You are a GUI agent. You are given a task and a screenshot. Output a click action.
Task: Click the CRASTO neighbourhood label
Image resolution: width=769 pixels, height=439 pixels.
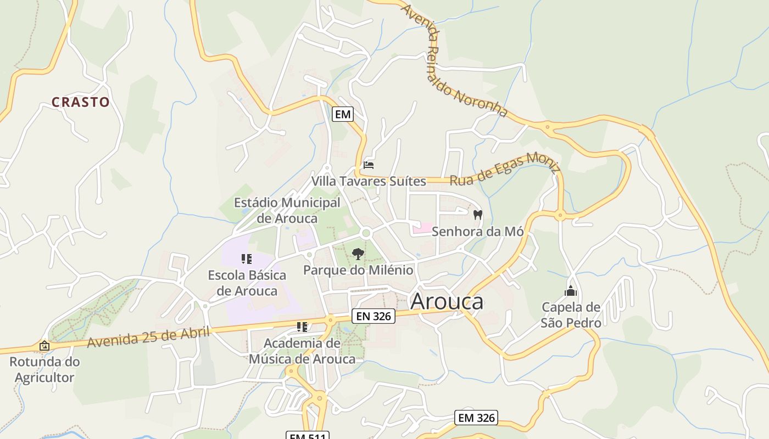click(x=81, y=102)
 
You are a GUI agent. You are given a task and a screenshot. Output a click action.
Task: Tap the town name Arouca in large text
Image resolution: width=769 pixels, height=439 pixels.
click(x=447, y=301)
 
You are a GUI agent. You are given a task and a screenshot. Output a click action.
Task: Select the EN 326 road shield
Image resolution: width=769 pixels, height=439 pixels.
click(x=374, y=316)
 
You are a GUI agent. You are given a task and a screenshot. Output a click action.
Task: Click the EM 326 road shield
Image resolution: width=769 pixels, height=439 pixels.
click(x=476, y=418)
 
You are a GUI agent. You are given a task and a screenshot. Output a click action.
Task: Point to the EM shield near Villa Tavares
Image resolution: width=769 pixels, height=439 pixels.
click(x=342, y=114)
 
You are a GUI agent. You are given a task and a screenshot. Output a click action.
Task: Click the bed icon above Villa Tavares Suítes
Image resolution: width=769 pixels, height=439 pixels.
click(x=369, y=165)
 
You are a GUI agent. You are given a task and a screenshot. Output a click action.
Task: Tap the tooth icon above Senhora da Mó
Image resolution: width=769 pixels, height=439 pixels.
click(x=477, y=215)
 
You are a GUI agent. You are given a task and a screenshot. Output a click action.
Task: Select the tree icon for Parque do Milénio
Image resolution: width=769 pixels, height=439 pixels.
click(x=358, y=254)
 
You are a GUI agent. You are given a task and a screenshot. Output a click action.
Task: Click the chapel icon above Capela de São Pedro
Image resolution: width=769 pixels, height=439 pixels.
click(x=571, y=291)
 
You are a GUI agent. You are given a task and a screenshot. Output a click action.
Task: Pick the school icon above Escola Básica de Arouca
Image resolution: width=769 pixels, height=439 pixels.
click(x=247, y=258)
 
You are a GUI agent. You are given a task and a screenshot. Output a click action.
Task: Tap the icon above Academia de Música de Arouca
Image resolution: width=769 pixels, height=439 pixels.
click(x=302, y=327)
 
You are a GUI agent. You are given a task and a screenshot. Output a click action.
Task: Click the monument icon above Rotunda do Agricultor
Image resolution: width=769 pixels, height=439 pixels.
click(x=44, y=346)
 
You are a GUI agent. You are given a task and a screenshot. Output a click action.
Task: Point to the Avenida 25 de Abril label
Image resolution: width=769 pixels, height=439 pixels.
click(x=149, y=336)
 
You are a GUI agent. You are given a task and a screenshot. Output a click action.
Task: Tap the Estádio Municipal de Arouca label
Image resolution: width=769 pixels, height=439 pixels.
click(x=287, y=211)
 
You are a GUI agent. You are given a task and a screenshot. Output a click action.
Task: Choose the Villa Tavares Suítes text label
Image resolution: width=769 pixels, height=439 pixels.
click(x=369, y=181)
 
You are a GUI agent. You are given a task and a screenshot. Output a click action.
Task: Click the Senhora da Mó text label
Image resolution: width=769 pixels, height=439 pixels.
click(x=477, y=232)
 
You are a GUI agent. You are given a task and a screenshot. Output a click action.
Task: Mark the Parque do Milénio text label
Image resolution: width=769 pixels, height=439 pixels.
click(x=358, y=270)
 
